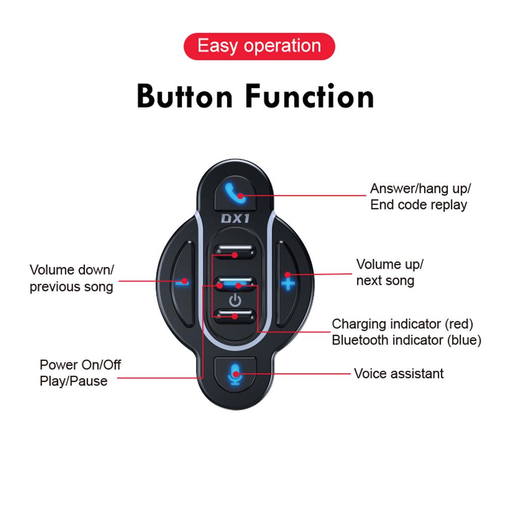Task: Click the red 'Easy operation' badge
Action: pos(259,46)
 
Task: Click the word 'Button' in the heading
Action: pos(184,96)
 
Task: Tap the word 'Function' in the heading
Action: pos(310,96)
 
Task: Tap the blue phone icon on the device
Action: pos(235,193)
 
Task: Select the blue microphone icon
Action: pos(235,374)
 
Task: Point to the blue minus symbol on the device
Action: pos(182,282)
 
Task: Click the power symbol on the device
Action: pos(235,300)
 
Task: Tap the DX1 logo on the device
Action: pos(235,219)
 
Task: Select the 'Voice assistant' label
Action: pos(399,374)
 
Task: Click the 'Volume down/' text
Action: pos(72,270)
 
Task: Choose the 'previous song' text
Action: pos(71,287)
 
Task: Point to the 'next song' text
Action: pos(385,280)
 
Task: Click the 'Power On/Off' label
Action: pos(80,365)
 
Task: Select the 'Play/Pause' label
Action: pos(73,381)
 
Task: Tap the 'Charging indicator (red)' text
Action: pos(402,324)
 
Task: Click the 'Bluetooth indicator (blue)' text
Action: pos(407,340)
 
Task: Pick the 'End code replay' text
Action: pos(418,205)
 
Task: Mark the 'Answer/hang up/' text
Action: pos(420,189)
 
